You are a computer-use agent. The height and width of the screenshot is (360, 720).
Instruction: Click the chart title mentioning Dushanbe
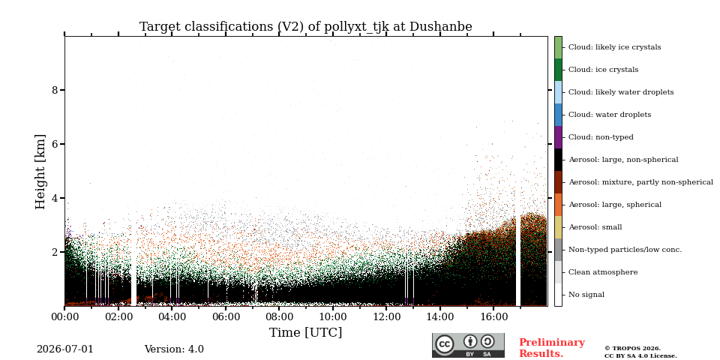pos(306,27)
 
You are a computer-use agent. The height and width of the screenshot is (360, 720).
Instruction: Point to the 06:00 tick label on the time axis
pos(226,316)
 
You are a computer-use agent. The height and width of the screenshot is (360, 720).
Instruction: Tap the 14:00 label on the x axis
pos(440,316)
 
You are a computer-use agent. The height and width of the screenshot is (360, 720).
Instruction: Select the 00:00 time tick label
pos(64,316)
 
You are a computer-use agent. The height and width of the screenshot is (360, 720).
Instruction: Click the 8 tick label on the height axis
pos(55,90)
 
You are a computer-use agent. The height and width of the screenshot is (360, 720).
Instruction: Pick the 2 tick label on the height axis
pos(55,252)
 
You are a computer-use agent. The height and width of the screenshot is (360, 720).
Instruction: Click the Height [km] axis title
pos(40,172)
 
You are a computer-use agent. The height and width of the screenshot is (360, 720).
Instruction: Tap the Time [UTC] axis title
pos(306,332)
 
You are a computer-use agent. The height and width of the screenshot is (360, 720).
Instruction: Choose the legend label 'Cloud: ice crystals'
pos(603,70)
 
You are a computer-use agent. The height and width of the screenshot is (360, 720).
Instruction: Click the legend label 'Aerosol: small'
pos(595,227)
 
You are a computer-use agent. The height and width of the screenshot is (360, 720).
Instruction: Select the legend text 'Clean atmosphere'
pos(603,272)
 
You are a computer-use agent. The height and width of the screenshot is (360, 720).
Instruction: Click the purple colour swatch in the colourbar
pos(558,137)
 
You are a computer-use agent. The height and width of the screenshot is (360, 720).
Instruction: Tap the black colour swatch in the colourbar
pos(558,160)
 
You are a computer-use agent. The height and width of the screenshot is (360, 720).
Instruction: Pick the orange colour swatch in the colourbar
pos(558,205)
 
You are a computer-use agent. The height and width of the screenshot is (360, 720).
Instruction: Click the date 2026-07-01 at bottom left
pos(64,349)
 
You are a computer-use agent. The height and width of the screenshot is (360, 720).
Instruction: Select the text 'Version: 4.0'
pos(174,349)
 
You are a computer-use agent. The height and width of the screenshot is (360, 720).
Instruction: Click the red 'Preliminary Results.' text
pos(552,348)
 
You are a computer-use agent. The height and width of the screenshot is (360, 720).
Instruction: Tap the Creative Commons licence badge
pos(468,345)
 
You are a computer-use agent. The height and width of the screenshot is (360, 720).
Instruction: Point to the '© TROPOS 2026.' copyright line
pos(632,349)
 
